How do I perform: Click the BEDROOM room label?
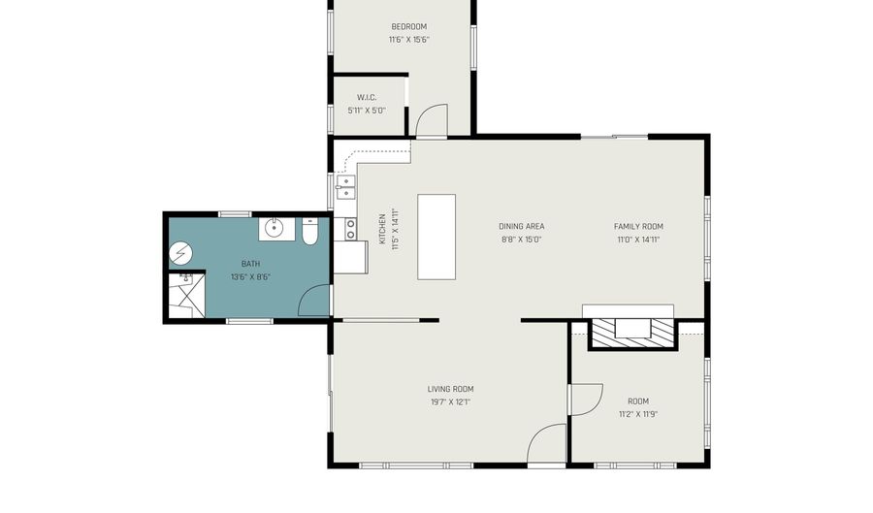(x=408, y=27)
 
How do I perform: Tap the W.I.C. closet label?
(x=367, y=97)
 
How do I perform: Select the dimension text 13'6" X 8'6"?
(x=250, y=276)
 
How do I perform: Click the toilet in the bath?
(x=309, y=232)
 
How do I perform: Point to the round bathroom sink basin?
(x=274, y=228)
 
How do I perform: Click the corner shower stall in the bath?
(x=187, y=295)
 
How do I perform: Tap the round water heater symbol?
(x=180, y=253)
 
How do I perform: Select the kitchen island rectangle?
(x=436, y=237)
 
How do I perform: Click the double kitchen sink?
(x=345, y=187)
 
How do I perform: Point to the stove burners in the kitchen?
(x=351, y=229)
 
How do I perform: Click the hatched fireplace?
(x=633, y=334)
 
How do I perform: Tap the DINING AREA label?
(x=521, y=227)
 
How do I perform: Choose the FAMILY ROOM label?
(x=638, y=227)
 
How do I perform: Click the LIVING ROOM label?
(x=450, y=389)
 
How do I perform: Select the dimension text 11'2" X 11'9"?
(x=638, y=414)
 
